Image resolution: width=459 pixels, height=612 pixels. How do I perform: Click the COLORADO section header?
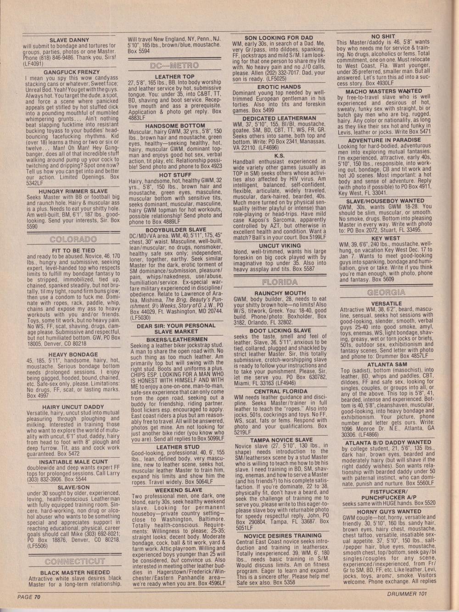coord(73,240)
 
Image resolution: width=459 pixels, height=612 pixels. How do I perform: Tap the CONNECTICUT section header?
coord(75,561)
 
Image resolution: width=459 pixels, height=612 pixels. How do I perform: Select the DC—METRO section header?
coord(175,66)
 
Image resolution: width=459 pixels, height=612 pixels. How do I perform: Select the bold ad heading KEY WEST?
coord(386,239)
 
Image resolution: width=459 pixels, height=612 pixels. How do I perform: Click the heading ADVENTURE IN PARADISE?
coord(385,140)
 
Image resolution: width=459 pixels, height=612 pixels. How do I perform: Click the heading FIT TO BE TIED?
coord(73,251)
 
